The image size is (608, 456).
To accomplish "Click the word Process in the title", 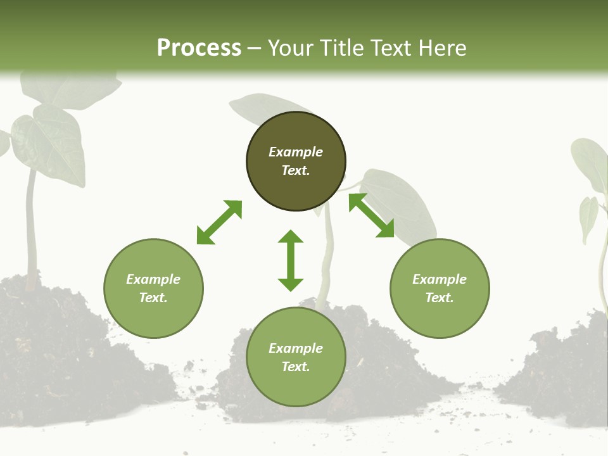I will (199, 47).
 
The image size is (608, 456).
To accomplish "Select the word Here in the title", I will (441, 47).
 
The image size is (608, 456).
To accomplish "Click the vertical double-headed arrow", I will (291, 260).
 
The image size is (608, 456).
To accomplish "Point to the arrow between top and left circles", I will (219, 222).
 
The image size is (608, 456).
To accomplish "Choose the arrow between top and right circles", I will (371, 215).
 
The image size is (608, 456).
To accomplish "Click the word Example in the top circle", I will (296, 152).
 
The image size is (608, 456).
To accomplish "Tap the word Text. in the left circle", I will (153, 298).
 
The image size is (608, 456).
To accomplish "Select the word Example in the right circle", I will (440, 279).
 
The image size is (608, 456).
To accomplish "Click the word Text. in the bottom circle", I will (296, 367).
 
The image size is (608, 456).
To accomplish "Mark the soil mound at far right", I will (564, 374).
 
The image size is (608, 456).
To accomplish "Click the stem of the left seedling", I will (30, 228).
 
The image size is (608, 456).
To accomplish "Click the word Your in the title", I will (291, 47).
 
